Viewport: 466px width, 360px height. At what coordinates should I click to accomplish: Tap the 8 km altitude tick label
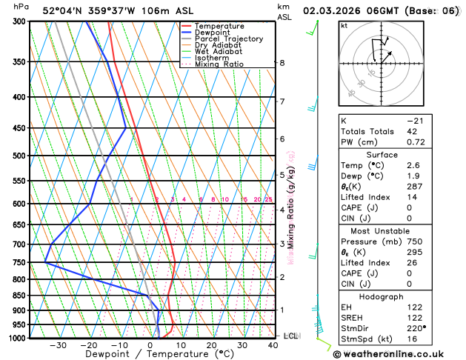point(282,63)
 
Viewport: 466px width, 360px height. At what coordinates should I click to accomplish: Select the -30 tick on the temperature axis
point(58,345)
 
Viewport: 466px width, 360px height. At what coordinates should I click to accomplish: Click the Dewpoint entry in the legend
point(213,33)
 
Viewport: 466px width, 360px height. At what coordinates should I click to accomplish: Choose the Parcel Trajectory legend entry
point(228,39)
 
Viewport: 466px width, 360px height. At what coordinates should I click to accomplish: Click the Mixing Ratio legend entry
point(219,64)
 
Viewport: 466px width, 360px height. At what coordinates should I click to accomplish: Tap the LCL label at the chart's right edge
point(290,336)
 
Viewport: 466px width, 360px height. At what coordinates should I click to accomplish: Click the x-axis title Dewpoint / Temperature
point(150,354)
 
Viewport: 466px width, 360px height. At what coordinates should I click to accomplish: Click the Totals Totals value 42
point(413,131)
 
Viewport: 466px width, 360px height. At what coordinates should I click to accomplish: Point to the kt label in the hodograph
point(344,26)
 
